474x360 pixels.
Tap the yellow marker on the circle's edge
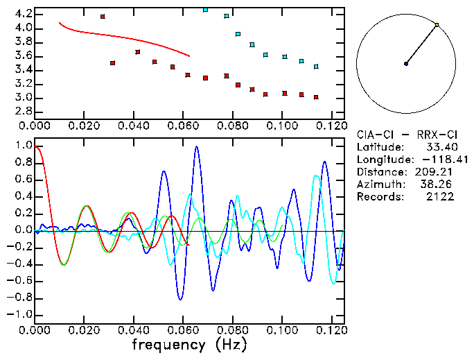point(437,25)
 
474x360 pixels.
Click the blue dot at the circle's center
point(406,64)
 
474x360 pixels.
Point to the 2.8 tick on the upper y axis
point(23,112)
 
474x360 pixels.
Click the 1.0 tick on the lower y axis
point(23,146)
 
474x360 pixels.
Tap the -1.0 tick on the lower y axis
point(20,315)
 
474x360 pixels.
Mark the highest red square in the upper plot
point(103,17)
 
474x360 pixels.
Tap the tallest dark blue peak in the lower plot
point(197,147)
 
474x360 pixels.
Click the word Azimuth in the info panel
point(378,185)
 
